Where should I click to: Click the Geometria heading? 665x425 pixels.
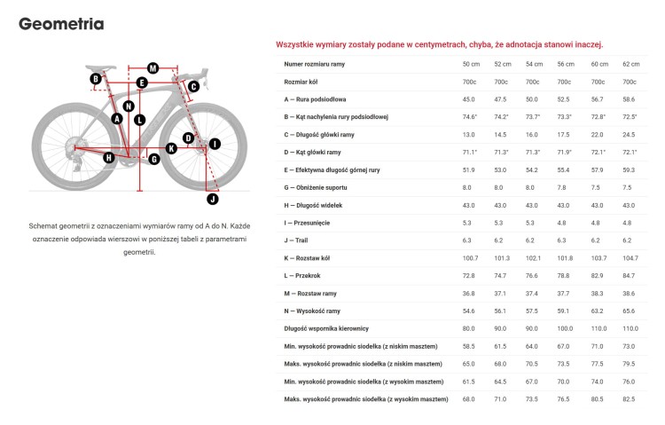[x=61, y=24]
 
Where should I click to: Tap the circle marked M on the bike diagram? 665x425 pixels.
[x=153, y=67]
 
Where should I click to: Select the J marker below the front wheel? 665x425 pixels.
[x=212, y=174]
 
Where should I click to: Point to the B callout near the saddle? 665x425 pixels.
[x=95, y=80]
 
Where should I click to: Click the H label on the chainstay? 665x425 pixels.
[x=109, y=157]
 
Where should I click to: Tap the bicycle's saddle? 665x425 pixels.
[x=102, y=67]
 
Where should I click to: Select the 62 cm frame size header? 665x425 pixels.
[x=630, y=65]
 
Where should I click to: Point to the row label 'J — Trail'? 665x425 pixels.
[x=301, y=240]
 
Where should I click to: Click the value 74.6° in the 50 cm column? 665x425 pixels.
[x=470, y=117]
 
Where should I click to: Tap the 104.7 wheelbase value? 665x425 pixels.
[x=630, y=258]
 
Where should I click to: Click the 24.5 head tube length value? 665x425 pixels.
[x=630, y=135]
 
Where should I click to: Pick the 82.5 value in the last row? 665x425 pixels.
[x=630, y=399]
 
